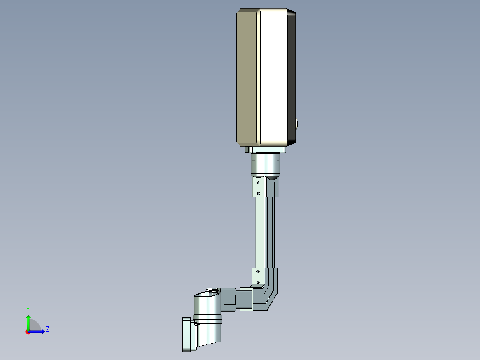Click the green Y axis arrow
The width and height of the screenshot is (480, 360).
(28, 322)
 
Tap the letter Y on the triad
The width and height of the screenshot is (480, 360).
(28, 309)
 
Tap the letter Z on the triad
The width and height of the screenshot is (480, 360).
(47, 329)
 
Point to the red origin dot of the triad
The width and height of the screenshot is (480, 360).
(28, 331)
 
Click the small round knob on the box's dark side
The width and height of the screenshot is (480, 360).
(297, 123)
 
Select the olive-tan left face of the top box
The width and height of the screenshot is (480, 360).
(247, 78)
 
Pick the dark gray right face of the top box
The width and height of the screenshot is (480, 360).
(291, 78)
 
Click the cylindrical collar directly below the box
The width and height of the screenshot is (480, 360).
(265, 164)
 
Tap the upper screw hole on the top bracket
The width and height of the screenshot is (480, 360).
(259, 182)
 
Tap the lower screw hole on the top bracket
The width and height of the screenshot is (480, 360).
(259, 193)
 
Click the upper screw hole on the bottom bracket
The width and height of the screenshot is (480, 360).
(258, 271)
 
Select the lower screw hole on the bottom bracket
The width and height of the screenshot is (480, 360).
(258, 282)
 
